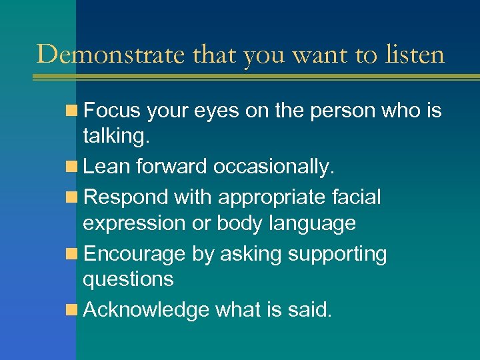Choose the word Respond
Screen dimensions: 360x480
(x=127, y=197)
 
